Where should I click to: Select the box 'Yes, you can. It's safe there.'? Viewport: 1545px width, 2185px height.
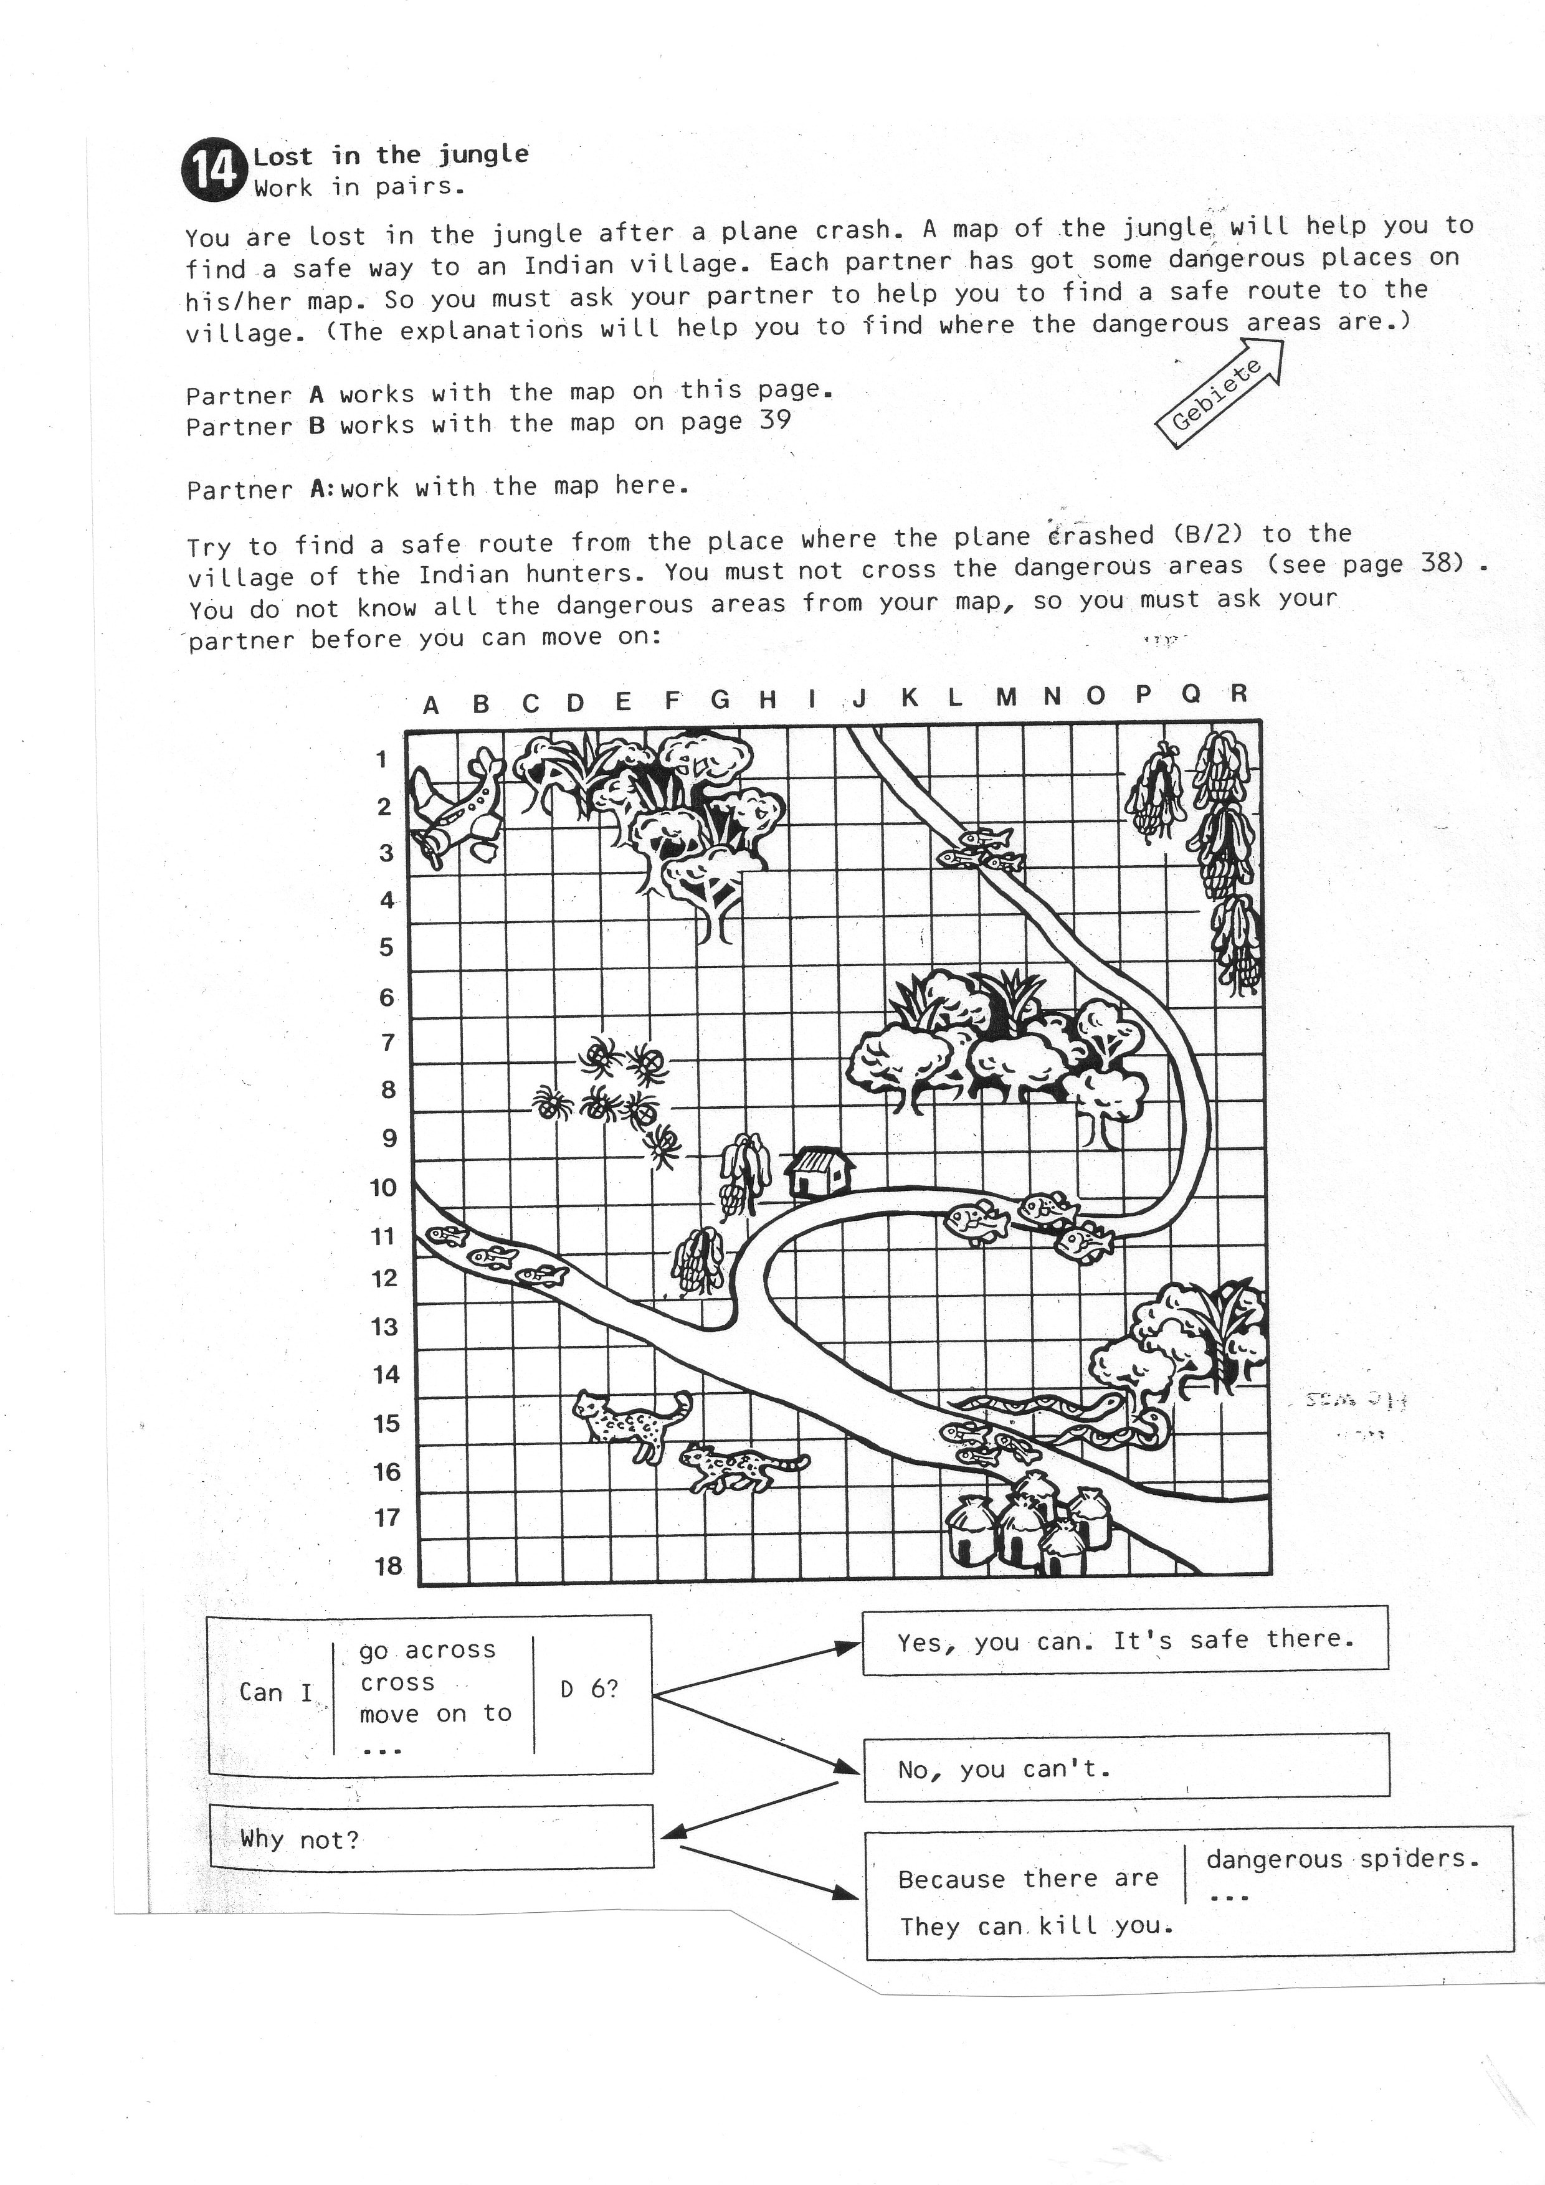coord(1124,1640)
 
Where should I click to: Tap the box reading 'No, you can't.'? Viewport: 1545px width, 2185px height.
coord(1126,1769)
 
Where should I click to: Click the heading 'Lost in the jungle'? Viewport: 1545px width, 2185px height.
coord(390,155)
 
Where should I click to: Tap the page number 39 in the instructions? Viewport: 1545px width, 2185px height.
coord(775,420)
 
